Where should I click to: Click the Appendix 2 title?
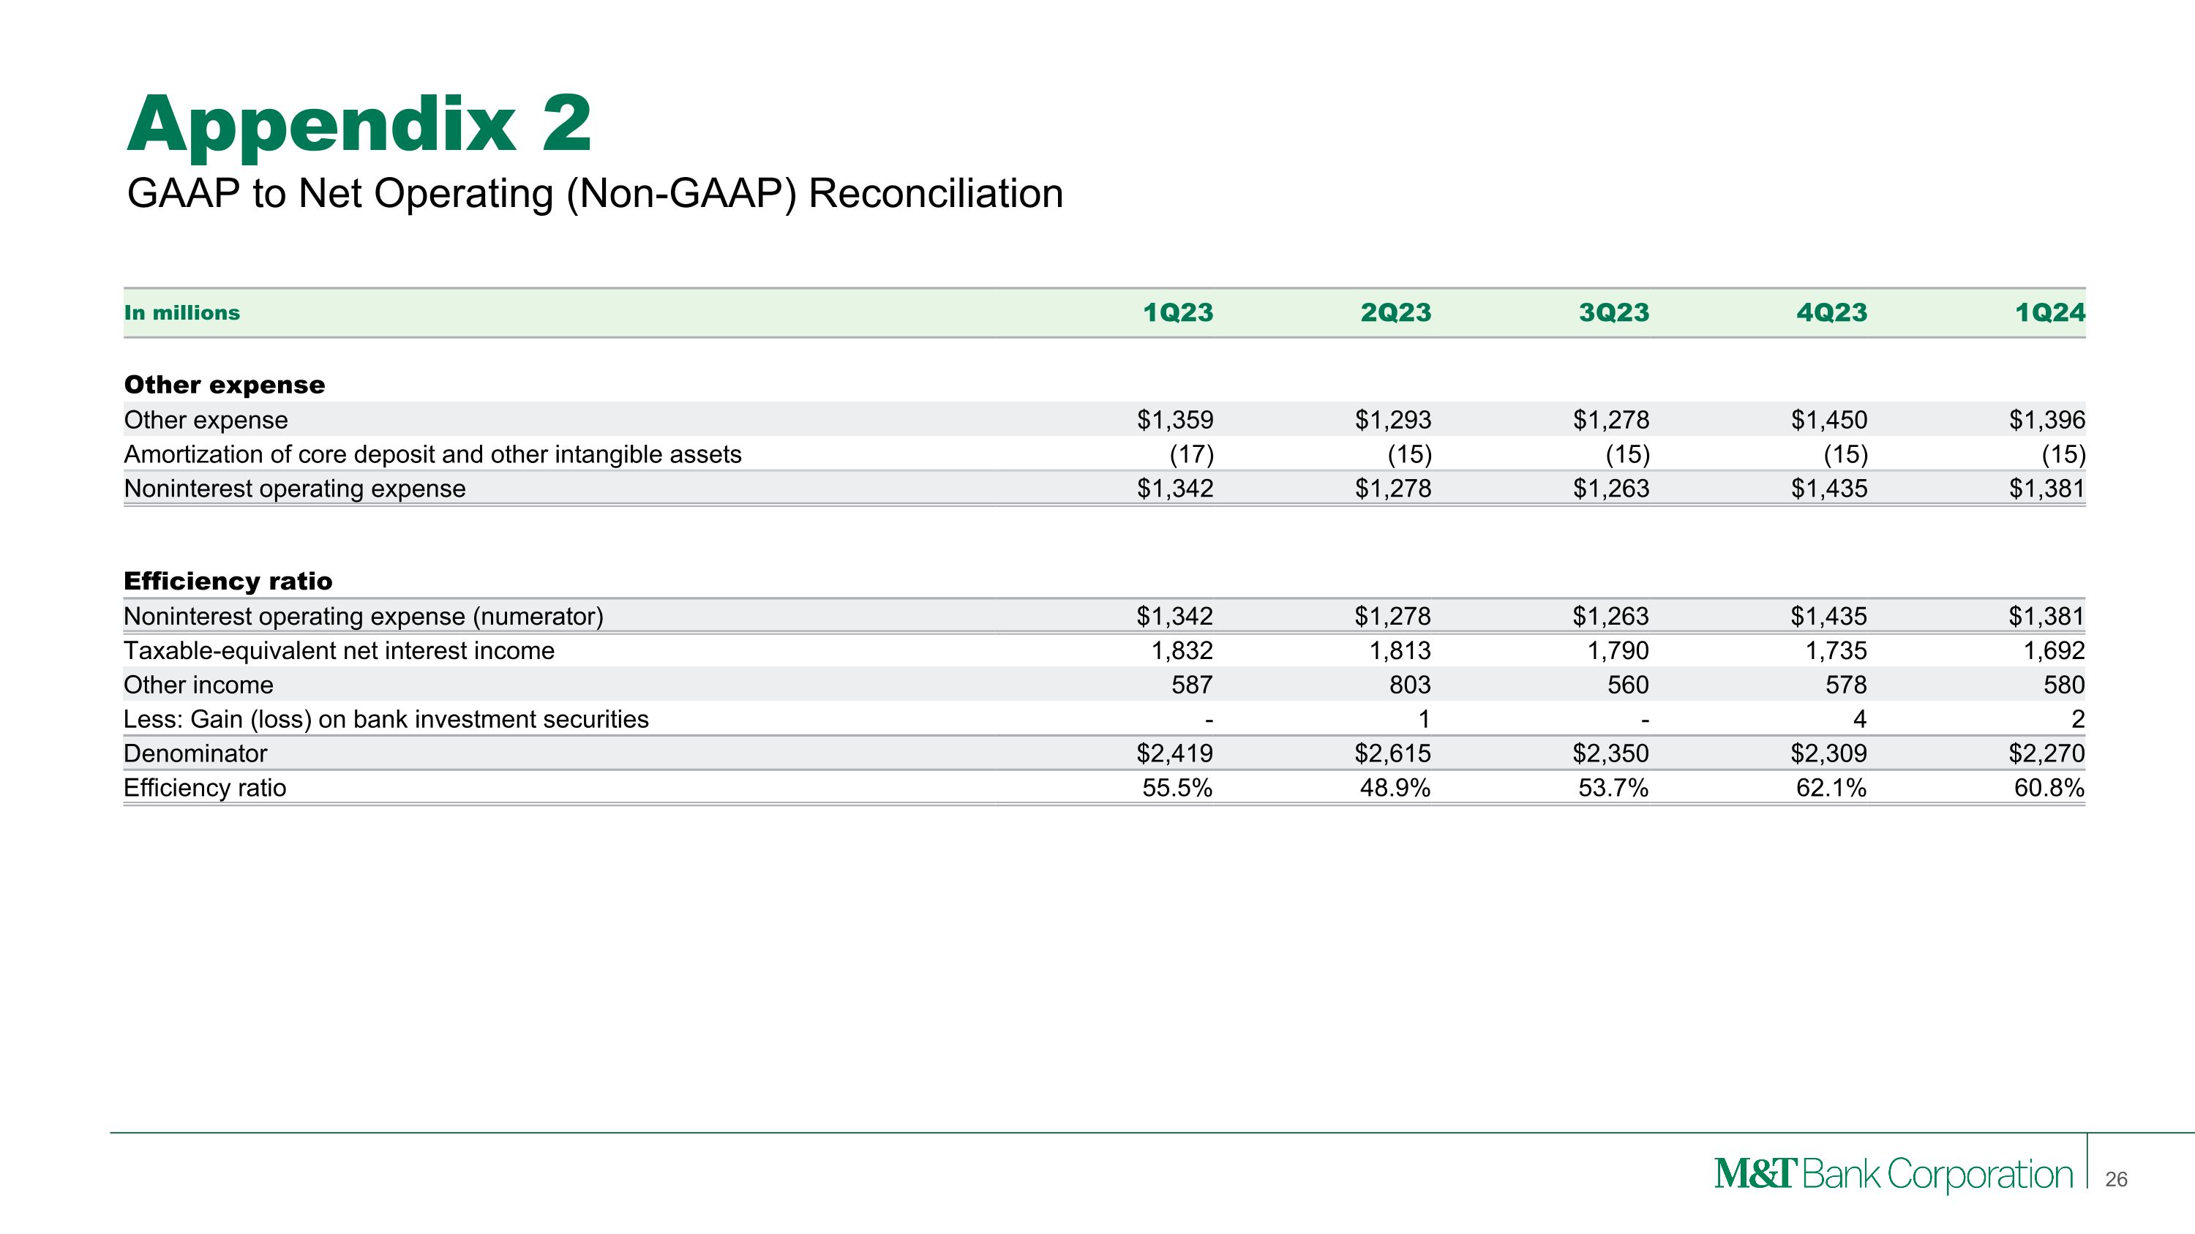tap(359, 124)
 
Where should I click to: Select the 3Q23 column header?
tap(1613, 312)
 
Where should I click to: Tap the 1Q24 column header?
tap(2049, 312)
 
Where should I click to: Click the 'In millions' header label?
tap(181, 312)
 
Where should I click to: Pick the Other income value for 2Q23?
tap(1409, 685)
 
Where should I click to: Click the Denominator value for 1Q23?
tap(1174, 753)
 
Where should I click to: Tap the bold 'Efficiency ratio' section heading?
tap(228, 581)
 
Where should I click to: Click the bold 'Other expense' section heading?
tap(224, 385)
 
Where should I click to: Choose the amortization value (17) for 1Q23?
tap(1190, 454)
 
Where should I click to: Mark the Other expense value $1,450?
tap(1828, 420)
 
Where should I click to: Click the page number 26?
tap(2116, 1179)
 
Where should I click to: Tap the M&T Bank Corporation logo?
tap(1893, 1175)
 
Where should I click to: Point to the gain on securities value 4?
tap(1859, 720)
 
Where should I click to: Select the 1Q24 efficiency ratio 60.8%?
tap(2049, 788)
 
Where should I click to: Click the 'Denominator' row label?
tap(195, 753)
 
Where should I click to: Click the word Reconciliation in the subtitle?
tap(935, 193)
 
